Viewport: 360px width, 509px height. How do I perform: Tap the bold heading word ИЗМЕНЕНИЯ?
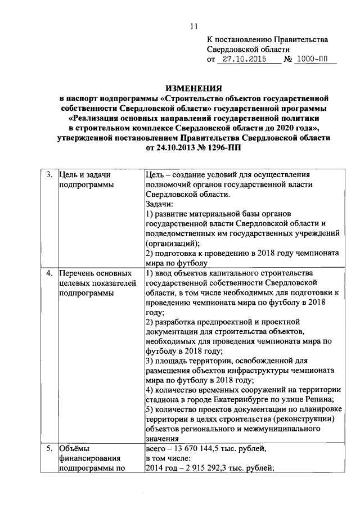click(193, 88)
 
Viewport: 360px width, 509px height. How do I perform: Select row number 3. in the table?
click(49, 175)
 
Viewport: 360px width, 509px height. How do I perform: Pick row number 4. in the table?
click(49, 273)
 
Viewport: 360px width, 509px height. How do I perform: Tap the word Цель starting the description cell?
click(154, 175)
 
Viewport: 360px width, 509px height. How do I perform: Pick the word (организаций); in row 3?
click(172, 243)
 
